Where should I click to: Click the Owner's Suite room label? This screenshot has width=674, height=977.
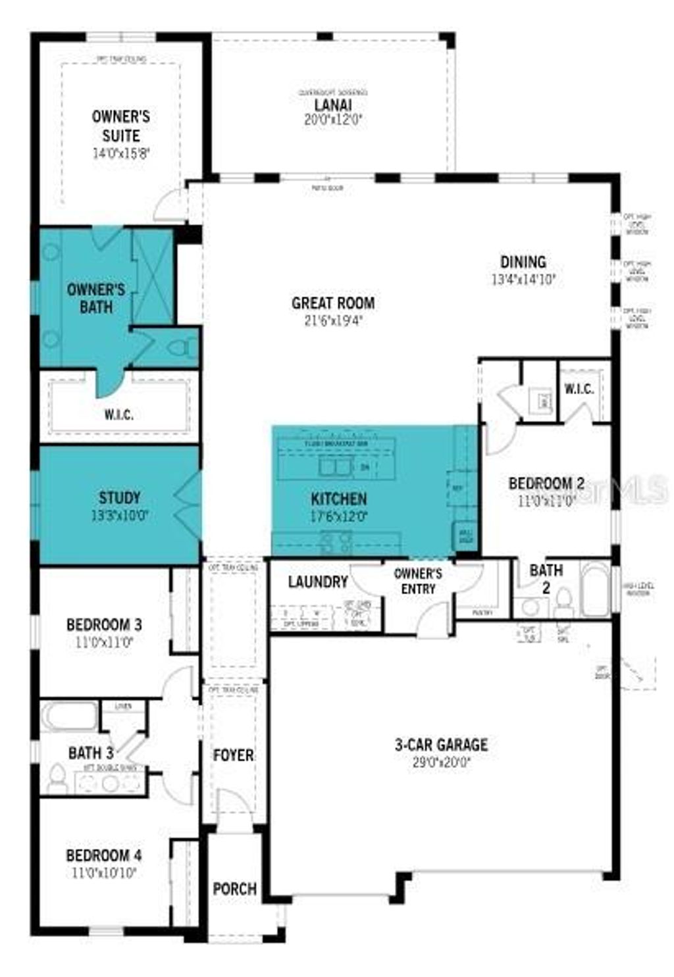[120, 126]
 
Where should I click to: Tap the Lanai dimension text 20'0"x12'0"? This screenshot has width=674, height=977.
[333, 120]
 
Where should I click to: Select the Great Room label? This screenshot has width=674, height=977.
[333, 303]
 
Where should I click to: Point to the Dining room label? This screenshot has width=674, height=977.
[523, 262]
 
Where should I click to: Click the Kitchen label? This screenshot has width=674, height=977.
[339, 499]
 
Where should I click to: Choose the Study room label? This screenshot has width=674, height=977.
[120, 497]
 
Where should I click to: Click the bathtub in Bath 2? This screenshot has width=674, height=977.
[595, 588]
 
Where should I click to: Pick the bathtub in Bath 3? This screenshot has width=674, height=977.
[70, 716]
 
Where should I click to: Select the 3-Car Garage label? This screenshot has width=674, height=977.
[441, 745]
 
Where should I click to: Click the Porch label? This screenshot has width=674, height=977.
[234, 889]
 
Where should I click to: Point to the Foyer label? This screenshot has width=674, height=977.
[234, 755]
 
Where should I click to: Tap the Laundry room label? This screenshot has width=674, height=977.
[318, 582]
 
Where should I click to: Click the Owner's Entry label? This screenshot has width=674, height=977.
[418, 581]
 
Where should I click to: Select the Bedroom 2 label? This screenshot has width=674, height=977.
[546, 484]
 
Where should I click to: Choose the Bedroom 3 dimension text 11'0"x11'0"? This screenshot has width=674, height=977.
[103, 641]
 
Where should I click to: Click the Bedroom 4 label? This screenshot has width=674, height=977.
[103, 856]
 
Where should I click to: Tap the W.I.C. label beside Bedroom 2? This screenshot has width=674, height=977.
[579, 389]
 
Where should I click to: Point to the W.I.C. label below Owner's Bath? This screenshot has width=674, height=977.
[118, 414]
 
